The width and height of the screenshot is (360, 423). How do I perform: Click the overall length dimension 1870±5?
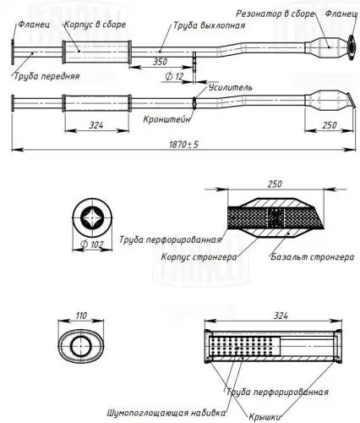[183, 144]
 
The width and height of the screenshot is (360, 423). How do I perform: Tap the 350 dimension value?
[160, 62]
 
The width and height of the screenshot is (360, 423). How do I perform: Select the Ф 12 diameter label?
[174, 76]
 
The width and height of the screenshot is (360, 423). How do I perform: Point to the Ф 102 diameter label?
[92, 244]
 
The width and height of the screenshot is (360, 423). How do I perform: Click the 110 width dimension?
[81, 315]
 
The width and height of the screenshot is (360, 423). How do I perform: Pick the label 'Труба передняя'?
[46, 76]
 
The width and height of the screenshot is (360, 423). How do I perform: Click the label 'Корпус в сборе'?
[95, 25]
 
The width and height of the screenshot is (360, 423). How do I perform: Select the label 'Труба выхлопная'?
[209, 25]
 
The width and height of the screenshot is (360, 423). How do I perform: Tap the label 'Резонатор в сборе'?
[275, 14]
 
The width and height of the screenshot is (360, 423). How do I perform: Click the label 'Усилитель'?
[231, 87]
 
